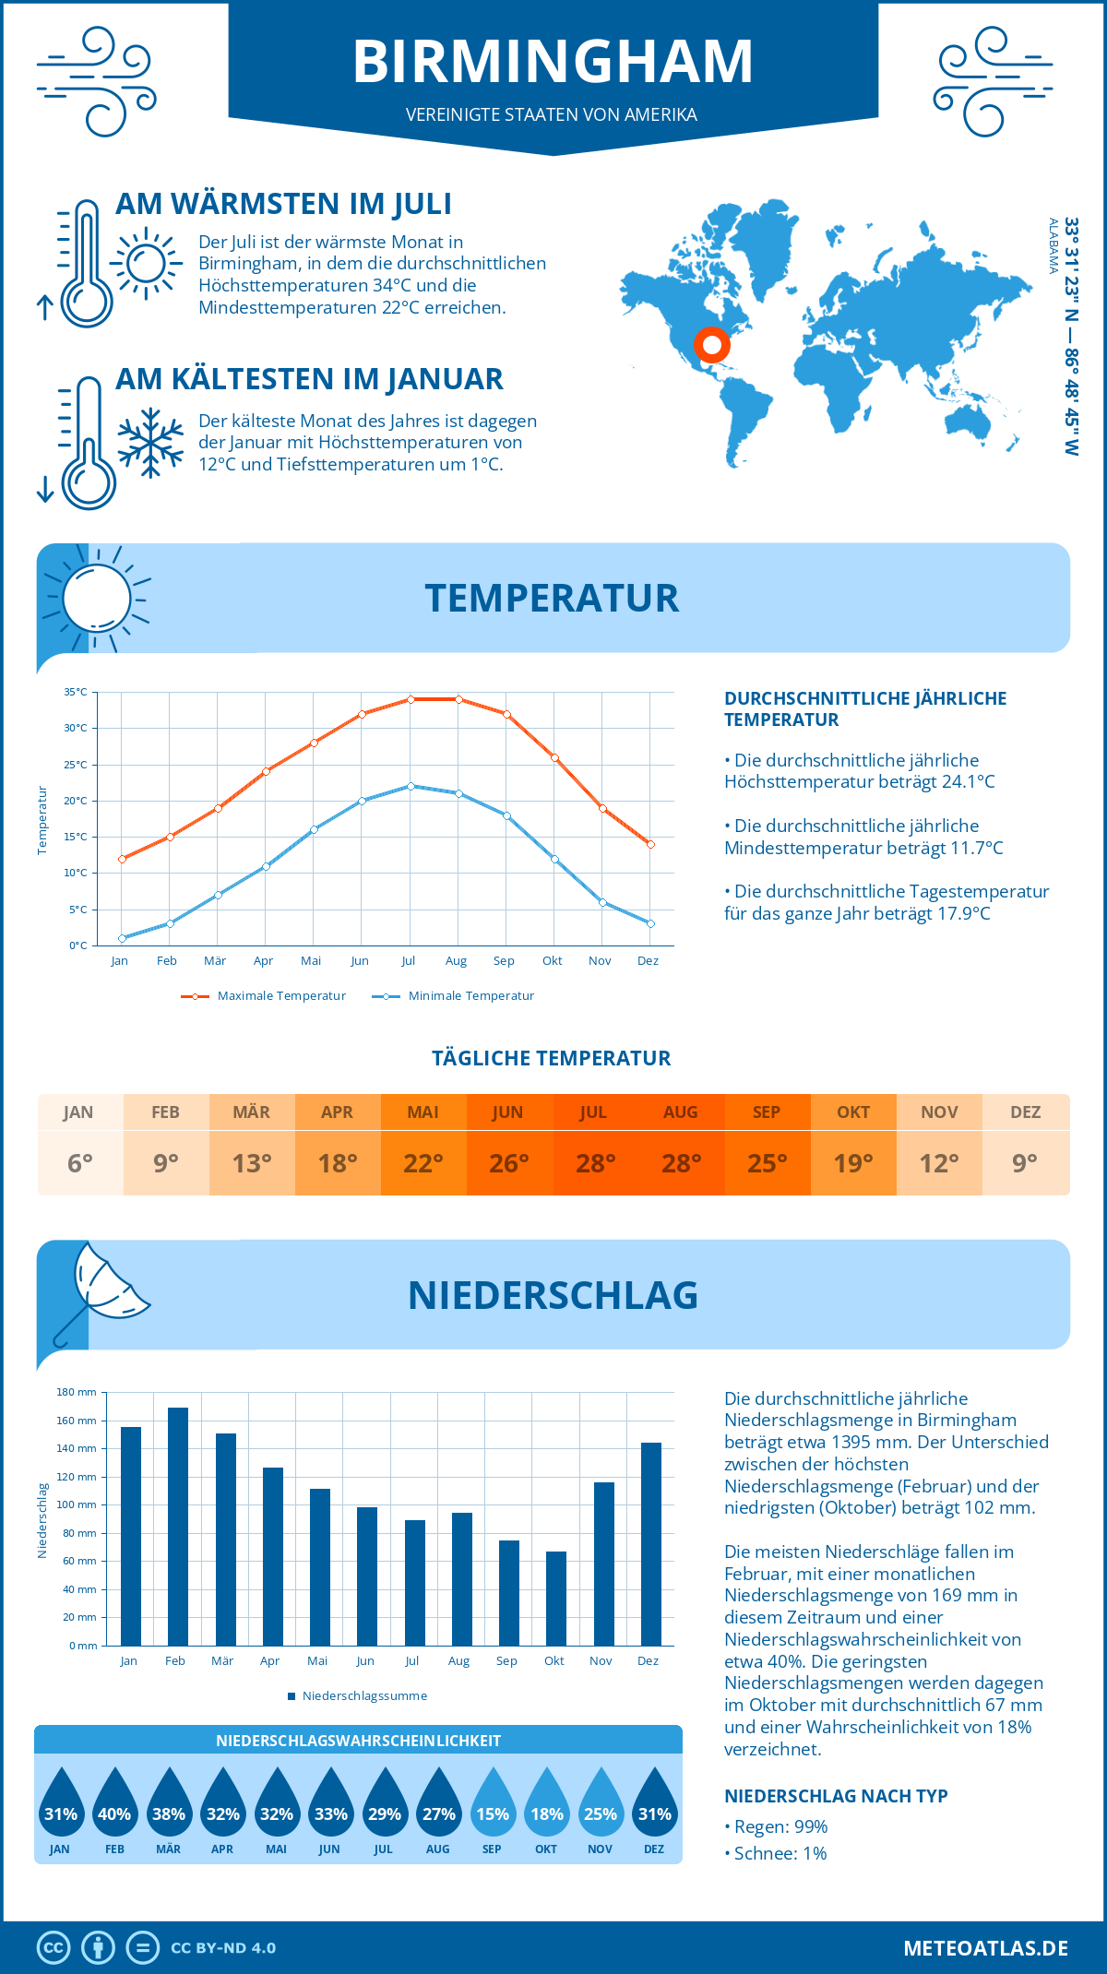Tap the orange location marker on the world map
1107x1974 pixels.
[711, 346]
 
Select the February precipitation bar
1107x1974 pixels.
[178, 1526]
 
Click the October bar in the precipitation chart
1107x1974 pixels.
[555, 1598]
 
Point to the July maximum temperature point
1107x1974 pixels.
[411, 699]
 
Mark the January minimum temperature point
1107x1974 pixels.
[122, 938]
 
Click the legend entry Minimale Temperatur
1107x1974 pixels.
[470, 996]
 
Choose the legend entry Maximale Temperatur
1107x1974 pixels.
[280, 996]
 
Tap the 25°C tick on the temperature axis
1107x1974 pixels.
[76, 765]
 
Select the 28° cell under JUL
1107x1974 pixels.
[595, 1163]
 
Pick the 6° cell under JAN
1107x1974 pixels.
[80, 1163]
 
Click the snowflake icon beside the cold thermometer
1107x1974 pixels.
[150, 443]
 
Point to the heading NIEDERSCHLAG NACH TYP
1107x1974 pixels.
[836, 1796]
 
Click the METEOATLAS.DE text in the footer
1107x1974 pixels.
[985, 1948]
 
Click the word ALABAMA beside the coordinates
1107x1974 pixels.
[1053, 246]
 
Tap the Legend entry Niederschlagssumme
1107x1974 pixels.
[363, 1696]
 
